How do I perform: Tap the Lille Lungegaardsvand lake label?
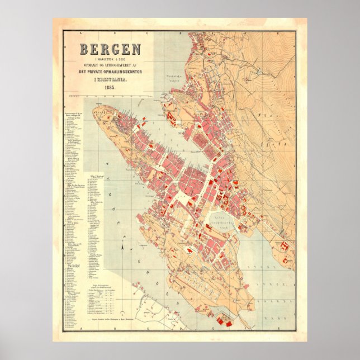coord(221,220)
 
